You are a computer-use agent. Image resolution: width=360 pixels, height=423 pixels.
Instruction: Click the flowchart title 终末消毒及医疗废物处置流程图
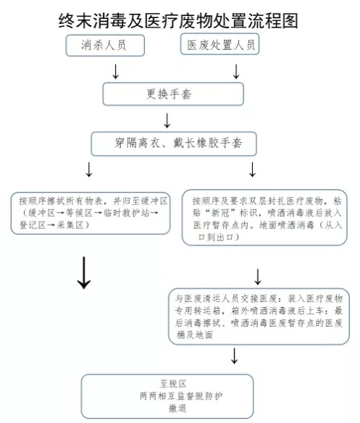[178, 20]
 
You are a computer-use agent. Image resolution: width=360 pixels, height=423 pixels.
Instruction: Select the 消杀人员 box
[105, 46]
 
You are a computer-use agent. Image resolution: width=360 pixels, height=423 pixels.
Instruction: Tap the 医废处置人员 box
[219, 44]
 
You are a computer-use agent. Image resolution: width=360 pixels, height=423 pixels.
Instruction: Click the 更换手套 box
[173, 94]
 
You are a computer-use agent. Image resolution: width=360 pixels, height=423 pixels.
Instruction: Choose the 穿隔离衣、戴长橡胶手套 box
[174, 143]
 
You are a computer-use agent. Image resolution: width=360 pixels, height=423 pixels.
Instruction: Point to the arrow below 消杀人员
[115, 72]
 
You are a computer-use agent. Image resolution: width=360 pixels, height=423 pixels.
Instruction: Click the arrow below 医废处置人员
[236, 72]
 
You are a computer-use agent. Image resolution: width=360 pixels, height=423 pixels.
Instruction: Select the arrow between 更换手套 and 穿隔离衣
[167, 120]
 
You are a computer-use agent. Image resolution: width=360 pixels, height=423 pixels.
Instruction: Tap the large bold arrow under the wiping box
[84, 272]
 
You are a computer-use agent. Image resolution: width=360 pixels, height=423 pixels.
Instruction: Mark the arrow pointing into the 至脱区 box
[234, 356]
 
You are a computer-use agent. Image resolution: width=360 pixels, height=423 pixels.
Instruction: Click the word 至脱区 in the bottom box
[173, 384]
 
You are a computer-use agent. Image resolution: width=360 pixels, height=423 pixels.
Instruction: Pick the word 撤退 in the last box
[177, 409]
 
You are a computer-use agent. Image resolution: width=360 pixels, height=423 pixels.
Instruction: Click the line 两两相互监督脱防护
[181, 396]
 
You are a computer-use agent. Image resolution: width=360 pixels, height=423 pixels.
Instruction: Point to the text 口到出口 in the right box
[216, 237]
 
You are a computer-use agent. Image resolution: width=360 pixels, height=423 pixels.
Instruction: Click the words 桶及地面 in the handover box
[195, 335]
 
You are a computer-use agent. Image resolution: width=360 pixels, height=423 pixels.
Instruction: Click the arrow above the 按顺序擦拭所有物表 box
[89, 169]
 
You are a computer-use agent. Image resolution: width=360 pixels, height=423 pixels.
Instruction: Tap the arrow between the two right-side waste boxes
[258, 277]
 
